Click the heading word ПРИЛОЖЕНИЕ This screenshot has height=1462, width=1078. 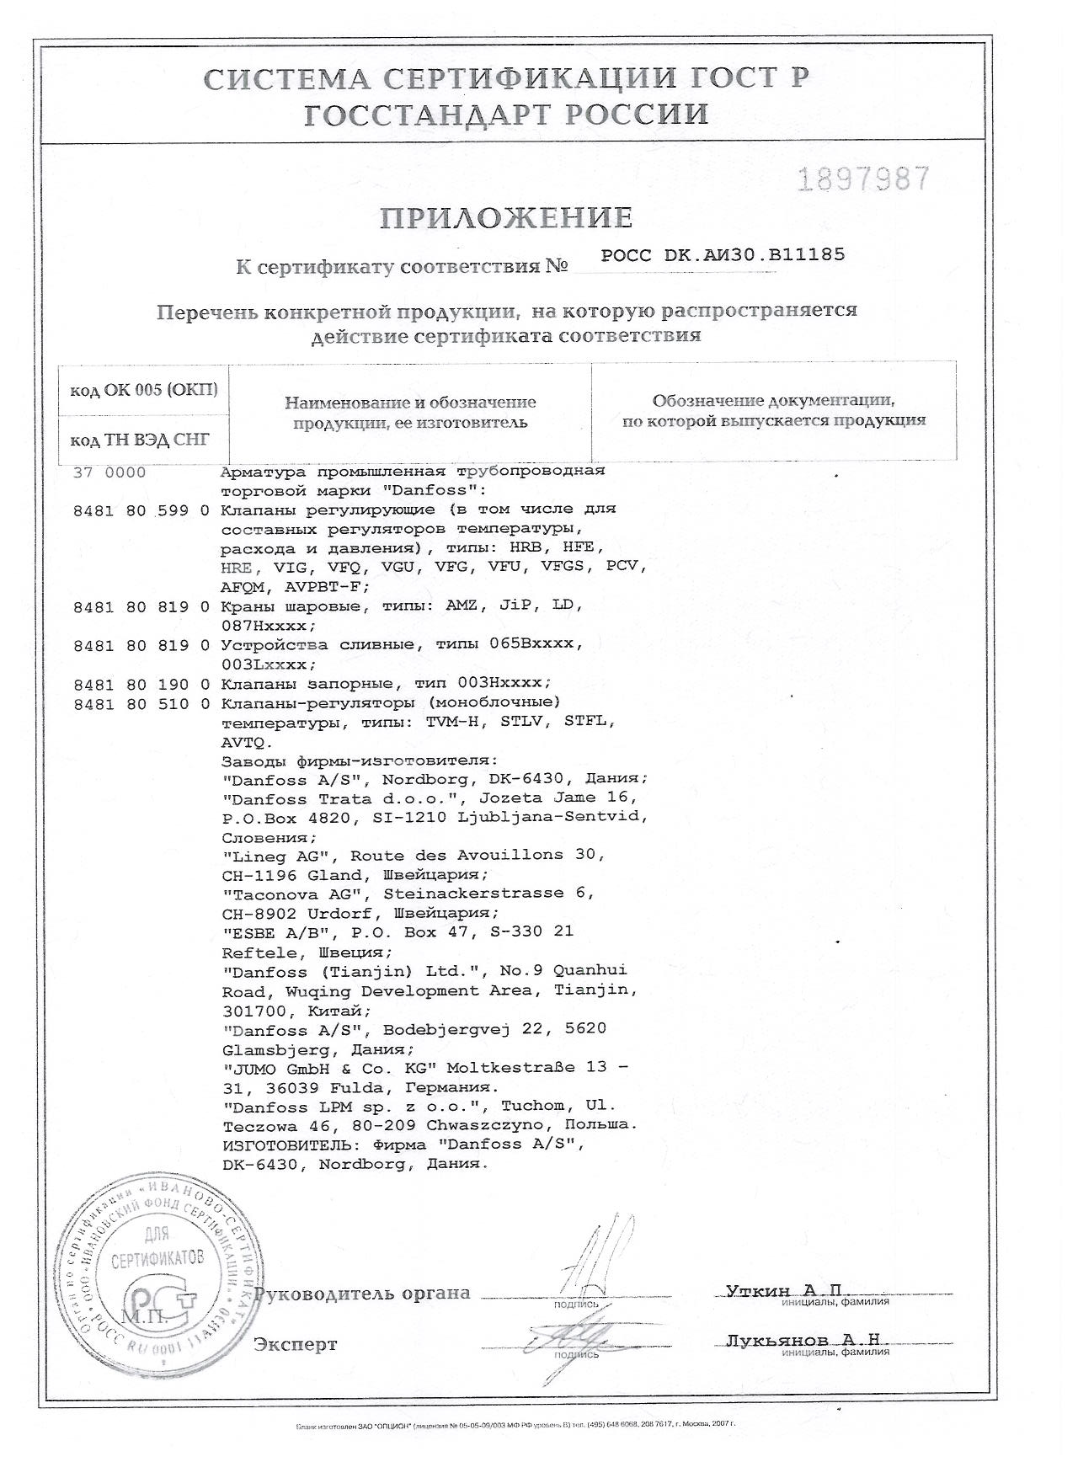tap(506, 218)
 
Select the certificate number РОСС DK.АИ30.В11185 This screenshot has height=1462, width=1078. tap(723, 255)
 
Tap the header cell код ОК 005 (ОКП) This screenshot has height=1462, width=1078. tap(143, 390)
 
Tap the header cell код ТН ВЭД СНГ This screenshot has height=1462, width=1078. tap(140, 440)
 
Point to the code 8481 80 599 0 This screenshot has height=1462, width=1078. tap(141, 510)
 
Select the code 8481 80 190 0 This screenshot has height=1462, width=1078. tap(141, 682)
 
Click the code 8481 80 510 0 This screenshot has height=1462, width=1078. tap(141, 702)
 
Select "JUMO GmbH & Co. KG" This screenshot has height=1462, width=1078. tap(328, 1068)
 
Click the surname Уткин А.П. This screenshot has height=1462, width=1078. tap(783, 1291)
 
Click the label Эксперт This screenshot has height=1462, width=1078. tap(296, 1344)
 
